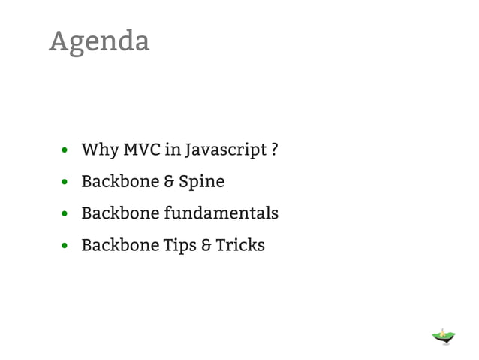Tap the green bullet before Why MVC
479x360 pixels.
[x=66, y=150]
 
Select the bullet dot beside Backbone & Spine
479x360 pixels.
[x=66, y=183]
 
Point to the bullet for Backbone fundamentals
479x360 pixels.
[x=66, y=214]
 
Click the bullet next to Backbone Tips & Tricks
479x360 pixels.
[x=66, y=247]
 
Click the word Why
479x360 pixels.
[x=98, y=150]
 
